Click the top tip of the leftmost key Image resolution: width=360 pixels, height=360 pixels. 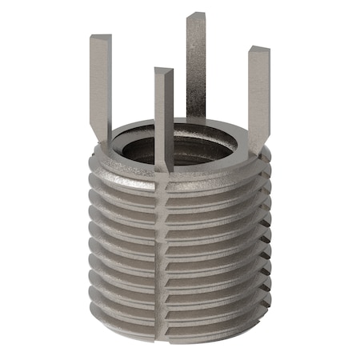(100, 37)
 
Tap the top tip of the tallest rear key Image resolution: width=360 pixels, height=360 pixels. (196, 16)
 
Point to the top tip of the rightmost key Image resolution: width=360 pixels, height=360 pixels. (258, 50)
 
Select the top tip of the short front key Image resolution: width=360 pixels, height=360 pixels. (163, 71)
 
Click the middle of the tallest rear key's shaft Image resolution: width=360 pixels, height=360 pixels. (196, 64)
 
